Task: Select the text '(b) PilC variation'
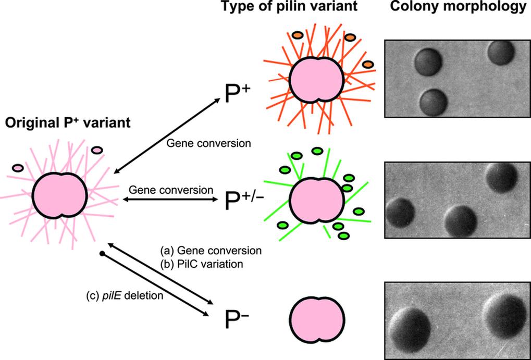coord(202,264)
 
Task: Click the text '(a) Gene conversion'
coord(211,251)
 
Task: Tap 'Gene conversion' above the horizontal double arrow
coord(170,189)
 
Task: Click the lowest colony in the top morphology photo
coord(433,101)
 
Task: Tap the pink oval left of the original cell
coord(17,168)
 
